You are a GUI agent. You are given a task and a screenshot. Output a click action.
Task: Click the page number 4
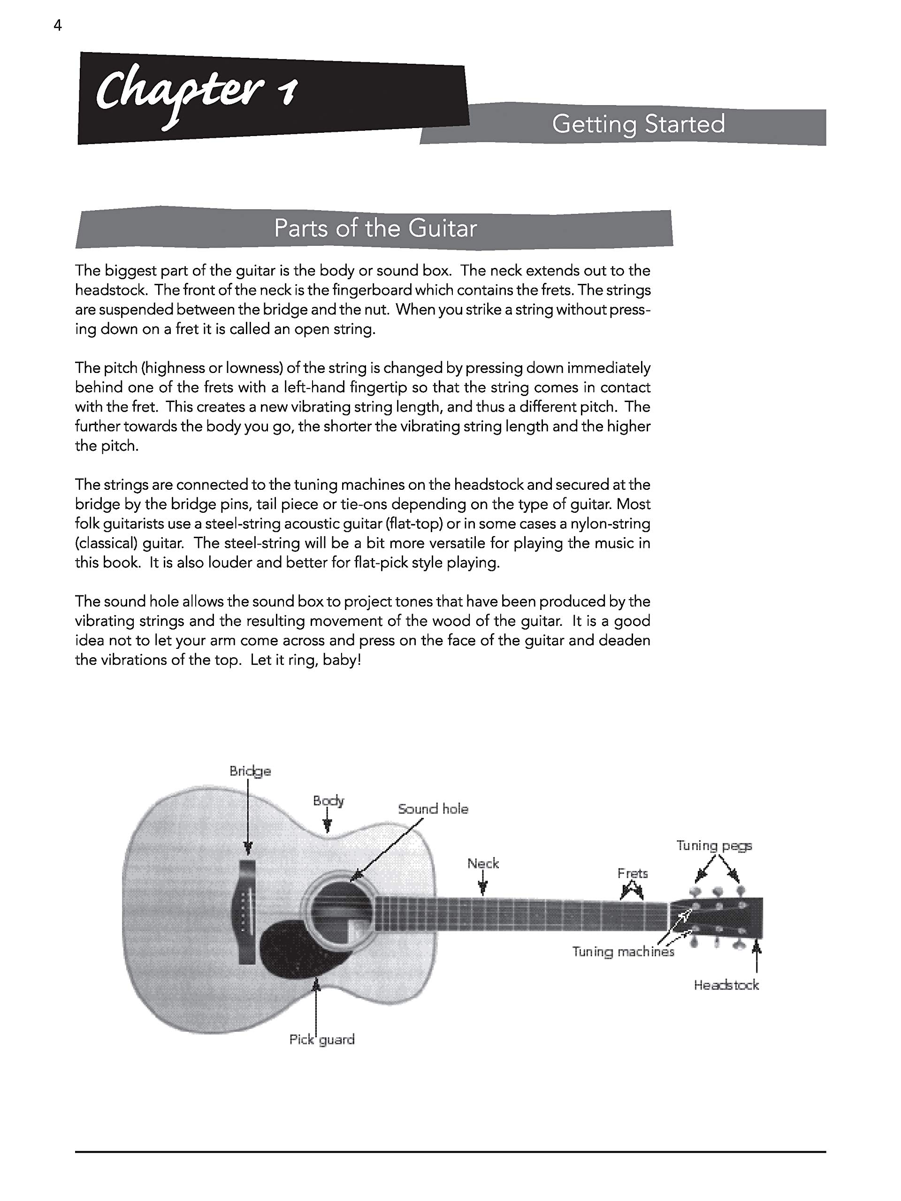[x=58, y=25]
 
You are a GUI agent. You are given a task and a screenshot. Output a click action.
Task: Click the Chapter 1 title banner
[x=272, y=98]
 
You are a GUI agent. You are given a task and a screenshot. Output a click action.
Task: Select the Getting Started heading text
[x=638, y=124]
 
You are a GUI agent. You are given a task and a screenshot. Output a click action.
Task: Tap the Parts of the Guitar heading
[x=375, y=228]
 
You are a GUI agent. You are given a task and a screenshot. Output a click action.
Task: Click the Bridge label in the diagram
[x=250, y=771]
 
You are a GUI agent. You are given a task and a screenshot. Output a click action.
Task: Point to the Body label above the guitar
[x=328, y=801]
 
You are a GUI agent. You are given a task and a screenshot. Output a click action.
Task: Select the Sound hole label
[x=433, y=809]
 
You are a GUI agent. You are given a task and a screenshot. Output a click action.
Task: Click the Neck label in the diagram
[x=483, y=863]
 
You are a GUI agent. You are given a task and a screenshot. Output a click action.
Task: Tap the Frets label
[x=633, y=873]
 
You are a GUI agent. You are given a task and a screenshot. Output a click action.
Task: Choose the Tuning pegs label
[x=714, y=845]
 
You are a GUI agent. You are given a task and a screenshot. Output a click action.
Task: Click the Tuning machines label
[x=623, y=951]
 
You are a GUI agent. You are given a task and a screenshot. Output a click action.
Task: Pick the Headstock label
[x=726, y=985]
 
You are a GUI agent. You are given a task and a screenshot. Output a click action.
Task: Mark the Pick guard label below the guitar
[x=321, y=1039]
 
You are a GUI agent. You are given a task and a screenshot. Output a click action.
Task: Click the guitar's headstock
[x=717, y=918]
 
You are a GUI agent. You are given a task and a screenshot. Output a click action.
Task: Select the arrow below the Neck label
[x=482, y=886]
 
